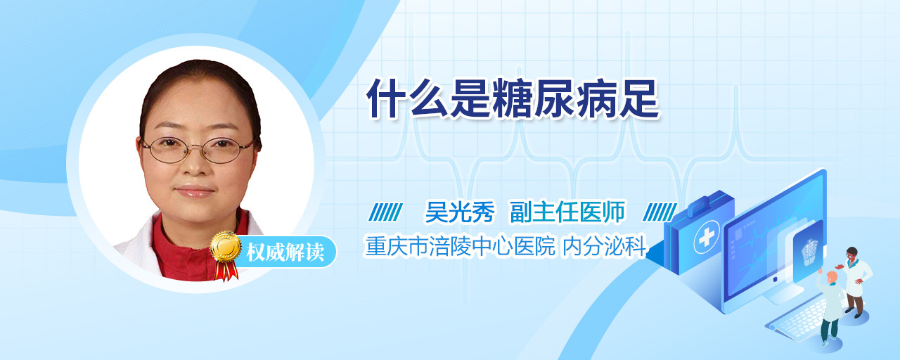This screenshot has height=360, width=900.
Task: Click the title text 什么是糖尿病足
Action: pyautogui.click(x=513, y=98)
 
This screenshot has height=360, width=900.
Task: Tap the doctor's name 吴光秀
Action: pyautogui.click(x=460, y=212)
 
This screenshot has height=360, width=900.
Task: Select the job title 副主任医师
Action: pyautogui.click(x=567, y=212)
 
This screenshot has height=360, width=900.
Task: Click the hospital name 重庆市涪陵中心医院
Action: pyautogui.click(x=460, y=246)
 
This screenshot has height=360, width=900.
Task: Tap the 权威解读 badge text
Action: pyautogui.click(x=285, y=252)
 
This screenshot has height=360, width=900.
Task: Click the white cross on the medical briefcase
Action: pyautogui.click(x=707, y=237)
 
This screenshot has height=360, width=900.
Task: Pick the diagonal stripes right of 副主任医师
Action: pyautogui.click(x=660, y=212)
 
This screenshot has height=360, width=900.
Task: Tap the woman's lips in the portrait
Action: pyautogui.click(x=195, y=191)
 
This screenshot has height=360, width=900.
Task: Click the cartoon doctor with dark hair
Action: pyautogui.click(x=855, y=281)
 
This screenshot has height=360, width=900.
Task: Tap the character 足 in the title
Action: pyautogui.click(x=639, y=98)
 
